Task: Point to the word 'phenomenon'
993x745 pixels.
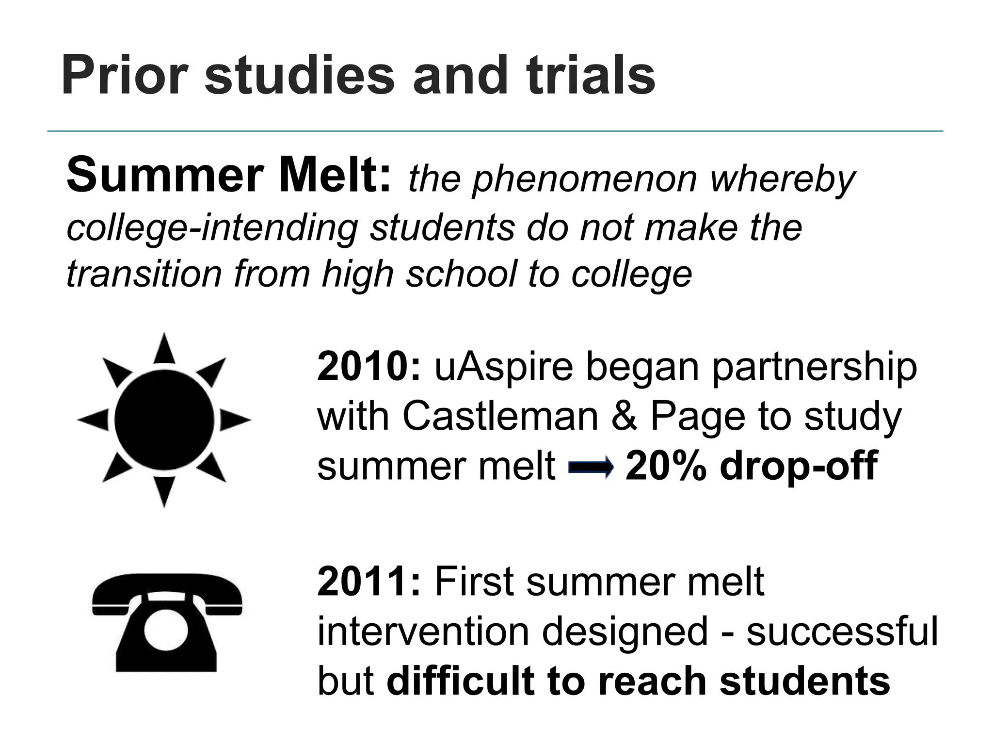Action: pyautogui.click(x=584, y=179)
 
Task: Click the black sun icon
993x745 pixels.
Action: pyautogui.click(x=164, y=420)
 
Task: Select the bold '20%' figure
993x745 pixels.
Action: pyautogui.click(x=666, y=466)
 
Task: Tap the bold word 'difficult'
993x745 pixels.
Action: pyautogui.click(x=461, y=681)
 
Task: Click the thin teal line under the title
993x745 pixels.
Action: pyautogui.click(x=495, y=131)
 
